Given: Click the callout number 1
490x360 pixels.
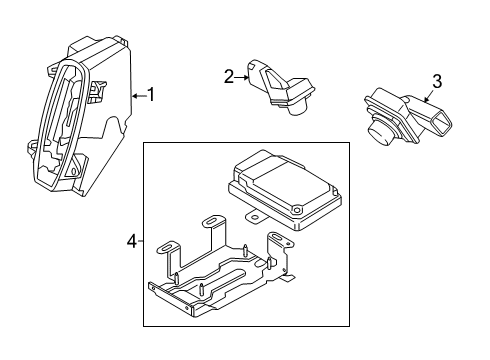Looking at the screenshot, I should pyautogui.click(x=151, y=95).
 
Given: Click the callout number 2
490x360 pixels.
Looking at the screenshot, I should pyautogui.click(x=229, y=75).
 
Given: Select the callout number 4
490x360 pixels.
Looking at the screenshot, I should pyautogui.click(x=133, y=240).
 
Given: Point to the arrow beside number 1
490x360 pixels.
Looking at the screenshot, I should pyautogui.click(x=139, y=95).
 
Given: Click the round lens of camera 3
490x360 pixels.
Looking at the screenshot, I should pyautogui.click(x=381, y=131).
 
